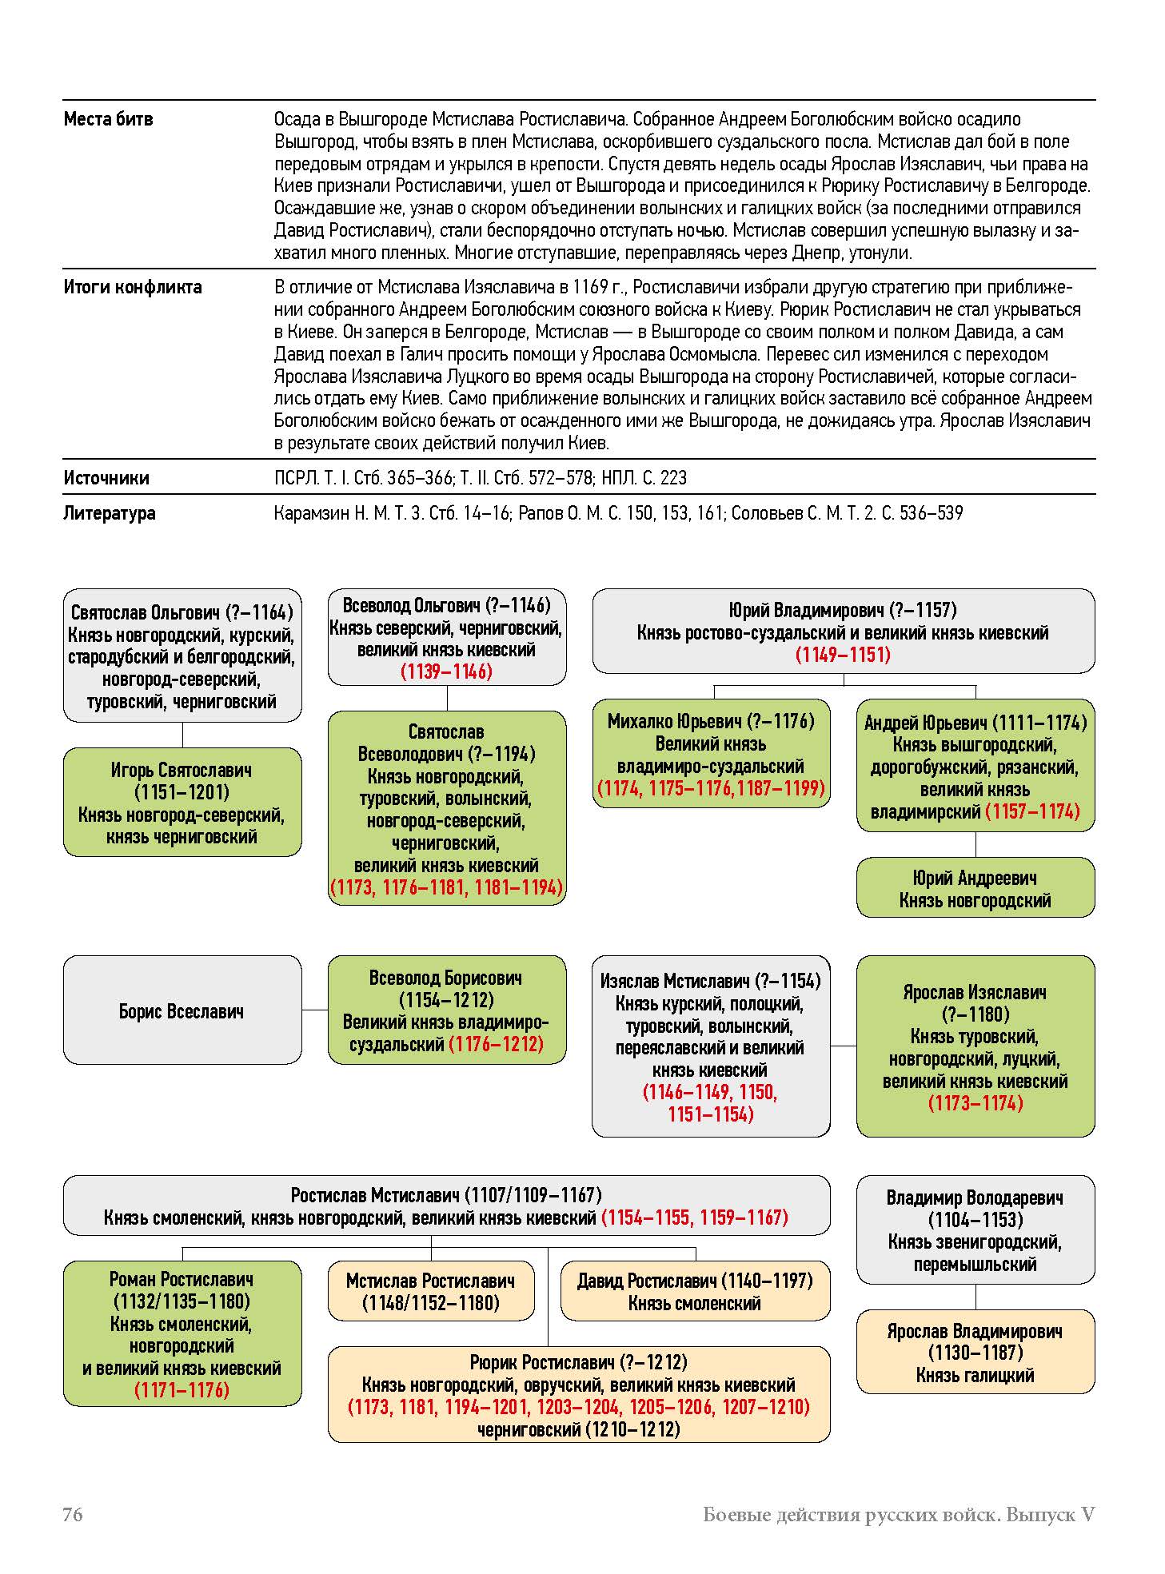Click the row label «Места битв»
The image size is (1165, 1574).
pos(108,120)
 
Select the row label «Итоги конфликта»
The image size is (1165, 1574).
pos(132,287)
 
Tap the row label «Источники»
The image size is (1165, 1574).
pos(106,478)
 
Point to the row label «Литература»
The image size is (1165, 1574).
pos(110,513)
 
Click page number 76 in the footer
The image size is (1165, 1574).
pos(73,1514)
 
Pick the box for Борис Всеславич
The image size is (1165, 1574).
pos(182,1010)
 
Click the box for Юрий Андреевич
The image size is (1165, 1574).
pos(975,888)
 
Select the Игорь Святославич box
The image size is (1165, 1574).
pos(182,802)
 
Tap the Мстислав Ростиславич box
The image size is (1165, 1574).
pos(430,1291)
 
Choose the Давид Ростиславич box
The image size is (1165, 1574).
pos(695,1291)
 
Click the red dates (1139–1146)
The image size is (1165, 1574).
pos(446,671)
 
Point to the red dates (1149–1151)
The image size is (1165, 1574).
pos(843,655)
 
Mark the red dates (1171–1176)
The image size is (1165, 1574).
pos(182,1390)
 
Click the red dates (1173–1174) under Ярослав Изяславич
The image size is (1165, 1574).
pos(975,1103)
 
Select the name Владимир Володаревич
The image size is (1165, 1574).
pos(975,1197)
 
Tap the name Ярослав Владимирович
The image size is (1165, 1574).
pos(975,1331)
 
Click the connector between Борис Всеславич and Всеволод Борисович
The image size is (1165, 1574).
pos(315,1010)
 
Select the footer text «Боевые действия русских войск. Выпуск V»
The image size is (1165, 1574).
pos(898,1514)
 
